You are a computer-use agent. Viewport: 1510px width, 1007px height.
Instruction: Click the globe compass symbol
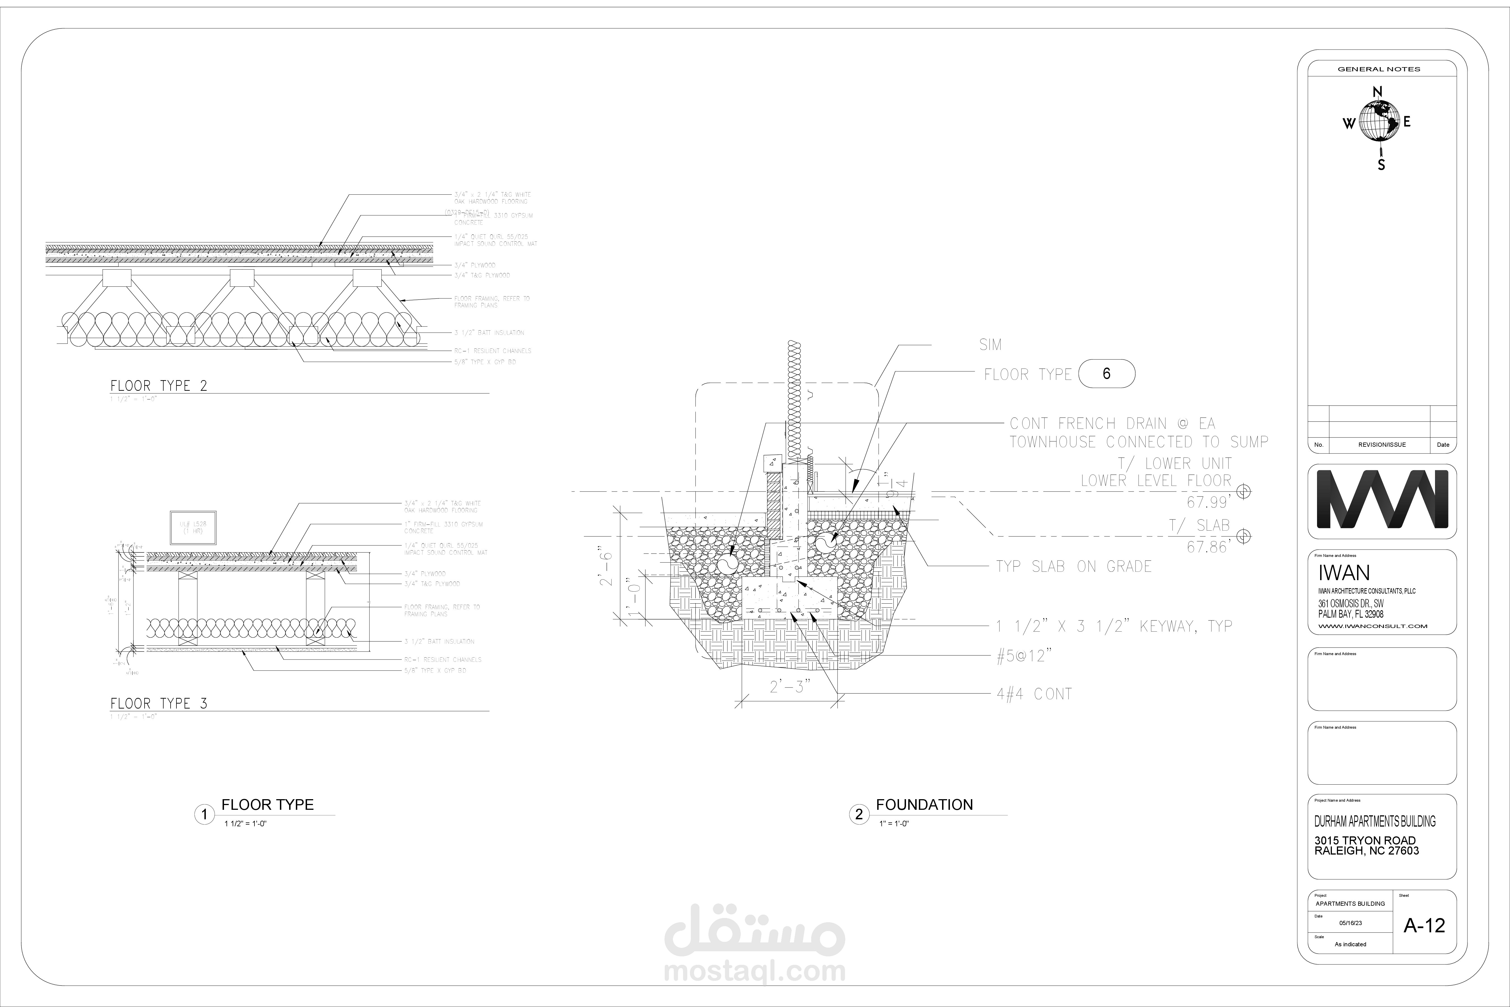[x=1378, y=122]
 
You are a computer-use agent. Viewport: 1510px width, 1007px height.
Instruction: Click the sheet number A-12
[x=1424, y=925]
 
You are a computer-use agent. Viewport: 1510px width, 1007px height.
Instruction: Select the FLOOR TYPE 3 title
[x=159, y=703]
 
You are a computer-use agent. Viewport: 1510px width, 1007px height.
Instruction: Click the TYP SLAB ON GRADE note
[x=1073, y=566]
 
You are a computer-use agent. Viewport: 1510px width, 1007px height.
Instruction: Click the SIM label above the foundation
[x=990, y=345]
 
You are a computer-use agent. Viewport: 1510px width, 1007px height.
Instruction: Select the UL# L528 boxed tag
[x=193, y=528]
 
